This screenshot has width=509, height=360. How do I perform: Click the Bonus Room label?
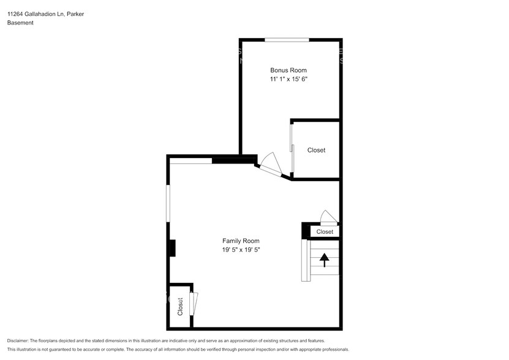coord(288,70)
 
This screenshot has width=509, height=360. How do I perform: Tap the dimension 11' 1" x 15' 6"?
coord(288,80)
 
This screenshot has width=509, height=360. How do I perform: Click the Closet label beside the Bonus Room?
coord(316,150)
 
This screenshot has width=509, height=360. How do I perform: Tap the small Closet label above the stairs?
coord(325,232)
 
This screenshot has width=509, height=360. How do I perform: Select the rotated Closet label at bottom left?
coord(180,306)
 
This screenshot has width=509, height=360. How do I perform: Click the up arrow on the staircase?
coord(324,260)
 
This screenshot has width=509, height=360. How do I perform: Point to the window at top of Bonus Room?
coord(287,40)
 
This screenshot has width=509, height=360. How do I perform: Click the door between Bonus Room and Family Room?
coord(270,165)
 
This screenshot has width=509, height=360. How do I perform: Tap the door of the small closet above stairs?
coord(328,217)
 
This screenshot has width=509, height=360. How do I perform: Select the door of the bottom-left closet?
coord(194,303)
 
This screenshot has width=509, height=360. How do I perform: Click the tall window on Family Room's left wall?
coord(168,203)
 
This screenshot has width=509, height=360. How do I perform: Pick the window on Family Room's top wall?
coord(190,161)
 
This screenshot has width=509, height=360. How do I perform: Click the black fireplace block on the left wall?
coord(172,248)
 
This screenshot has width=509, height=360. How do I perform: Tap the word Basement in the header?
coord(20,23)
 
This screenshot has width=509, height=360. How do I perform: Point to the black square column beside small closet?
coord(306,230)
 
